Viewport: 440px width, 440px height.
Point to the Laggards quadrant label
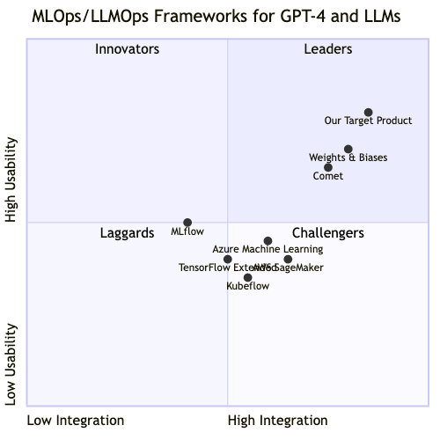pos(127,233)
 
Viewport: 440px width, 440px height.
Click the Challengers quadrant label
pos(328,233)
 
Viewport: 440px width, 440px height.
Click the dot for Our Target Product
pos(368,113)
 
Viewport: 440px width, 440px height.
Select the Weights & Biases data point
pos(348,150)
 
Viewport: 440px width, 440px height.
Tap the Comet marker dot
pos(328,167)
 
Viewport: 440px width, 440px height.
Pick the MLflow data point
pos(187,223)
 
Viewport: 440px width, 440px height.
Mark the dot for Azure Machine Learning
pos(268,241)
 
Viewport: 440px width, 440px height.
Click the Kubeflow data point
pos(248,278)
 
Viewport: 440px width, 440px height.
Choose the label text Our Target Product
pos(368,121)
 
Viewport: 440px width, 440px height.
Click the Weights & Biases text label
pos(348,158)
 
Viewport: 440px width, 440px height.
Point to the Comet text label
pos(328,176)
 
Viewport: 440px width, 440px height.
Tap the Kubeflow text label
pos(248,287)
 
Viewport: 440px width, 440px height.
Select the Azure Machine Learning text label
pos(268,250)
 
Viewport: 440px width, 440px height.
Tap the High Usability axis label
pos(12,179)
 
